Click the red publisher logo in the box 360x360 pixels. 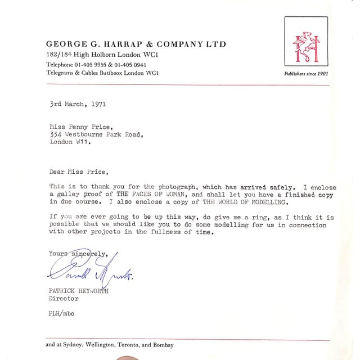306,43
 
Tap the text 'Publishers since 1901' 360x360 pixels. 307,74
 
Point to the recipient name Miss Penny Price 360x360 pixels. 78,128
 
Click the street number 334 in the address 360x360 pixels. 55,136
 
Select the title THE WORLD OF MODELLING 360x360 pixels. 250,201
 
